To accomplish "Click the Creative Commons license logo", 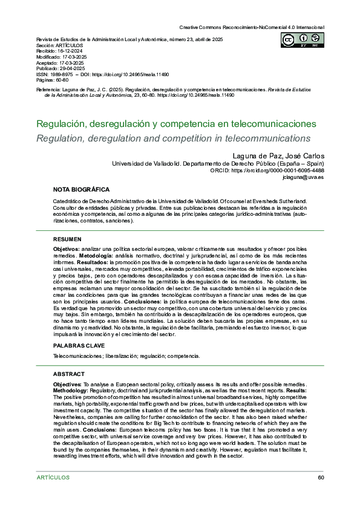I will tap(301, 40).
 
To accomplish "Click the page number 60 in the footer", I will tap(321, 478).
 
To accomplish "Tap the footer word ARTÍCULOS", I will tap(53, 478).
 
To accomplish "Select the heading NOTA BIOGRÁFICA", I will tap(81, 189).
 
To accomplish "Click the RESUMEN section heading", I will tap(67, 239).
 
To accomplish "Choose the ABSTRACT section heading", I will tap(69, 374).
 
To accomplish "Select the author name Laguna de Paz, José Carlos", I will tap(278, 156).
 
